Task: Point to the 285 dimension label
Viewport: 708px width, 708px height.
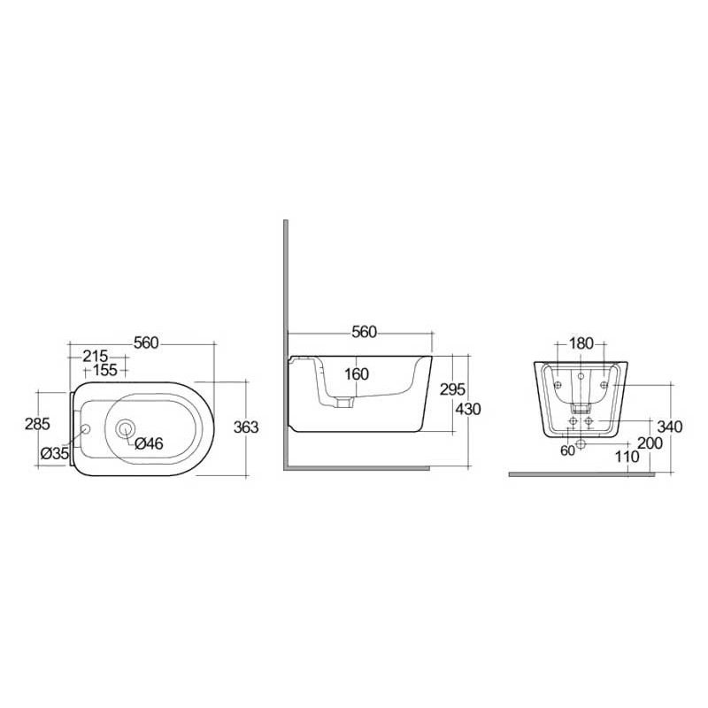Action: point(37,424)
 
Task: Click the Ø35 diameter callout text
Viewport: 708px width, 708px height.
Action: point(55,453)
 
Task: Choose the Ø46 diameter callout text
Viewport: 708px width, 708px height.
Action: point(149,444)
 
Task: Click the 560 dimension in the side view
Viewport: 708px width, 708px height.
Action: point(365,332)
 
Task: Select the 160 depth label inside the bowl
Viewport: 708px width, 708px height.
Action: point(356,374)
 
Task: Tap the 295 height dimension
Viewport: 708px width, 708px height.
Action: point(453,390)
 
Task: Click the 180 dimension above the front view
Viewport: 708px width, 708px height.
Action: point(581,343)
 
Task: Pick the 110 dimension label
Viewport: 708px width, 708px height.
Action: point(627,458)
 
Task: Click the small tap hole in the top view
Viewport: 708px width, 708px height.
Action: point(86,430)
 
